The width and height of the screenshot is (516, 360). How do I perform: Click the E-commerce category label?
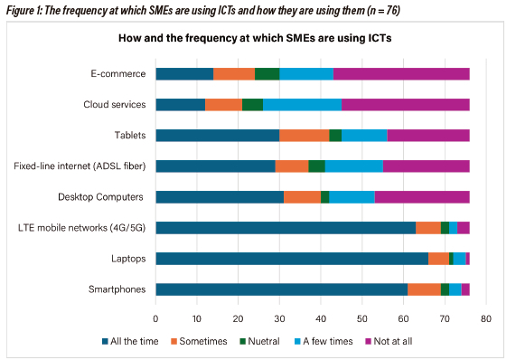(x=117, y=74)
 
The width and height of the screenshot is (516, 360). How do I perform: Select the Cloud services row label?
(x=110, y=105)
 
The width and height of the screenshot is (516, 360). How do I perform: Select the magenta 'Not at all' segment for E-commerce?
(x=401, y=74)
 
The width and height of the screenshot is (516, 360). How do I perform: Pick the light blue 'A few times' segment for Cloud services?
(x=302, y=105)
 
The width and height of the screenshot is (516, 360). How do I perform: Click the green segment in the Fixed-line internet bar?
(x=316, y=166)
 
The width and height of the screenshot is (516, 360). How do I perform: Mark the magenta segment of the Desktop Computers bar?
(x=422, y=197)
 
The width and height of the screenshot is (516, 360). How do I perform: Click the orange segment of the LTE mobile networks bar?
(x=427, y=228)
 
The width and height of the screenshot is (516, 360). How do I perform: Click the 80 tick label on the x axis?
(x=485, y=319)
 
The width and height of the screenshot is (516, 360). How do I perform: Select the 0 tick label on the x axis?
(x=156, y=319)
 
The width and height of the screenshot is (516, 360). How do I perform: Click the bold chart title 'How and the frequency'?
(x=258, y=41)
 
